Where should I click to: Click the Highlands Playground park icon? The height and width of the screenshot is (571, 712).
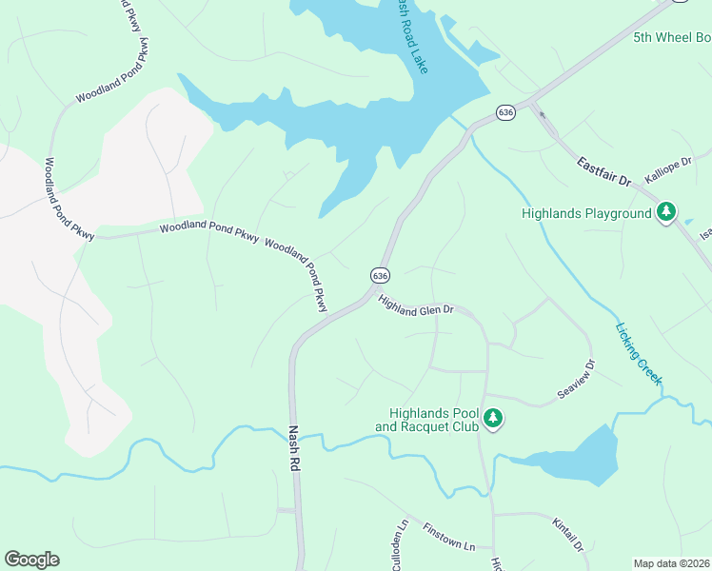point(667,211)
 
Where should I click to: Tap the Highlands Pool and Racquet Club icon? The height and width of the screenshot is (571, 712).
point(493,418)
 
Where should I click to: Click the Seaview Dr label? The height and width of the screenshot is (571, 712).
point(575,380)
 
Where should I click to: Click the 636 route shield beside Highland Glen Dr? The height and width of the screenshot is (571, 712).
point(380,275)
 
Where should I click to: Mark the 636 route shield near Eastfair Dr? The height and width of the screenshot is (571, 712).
point(505,112)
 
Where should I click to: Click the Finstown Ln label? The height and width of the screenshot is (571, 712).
point(448,538)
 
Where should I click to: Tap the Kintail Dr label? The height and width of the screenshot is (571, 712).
point(567,534)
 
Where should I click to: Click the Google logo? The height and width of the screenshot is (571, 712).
point(31,560)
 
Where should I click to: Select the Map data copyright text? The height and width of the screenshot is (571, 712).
point(670,563)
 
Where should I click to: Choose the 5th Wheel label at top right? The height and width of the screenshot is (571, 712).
point(672,38)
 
